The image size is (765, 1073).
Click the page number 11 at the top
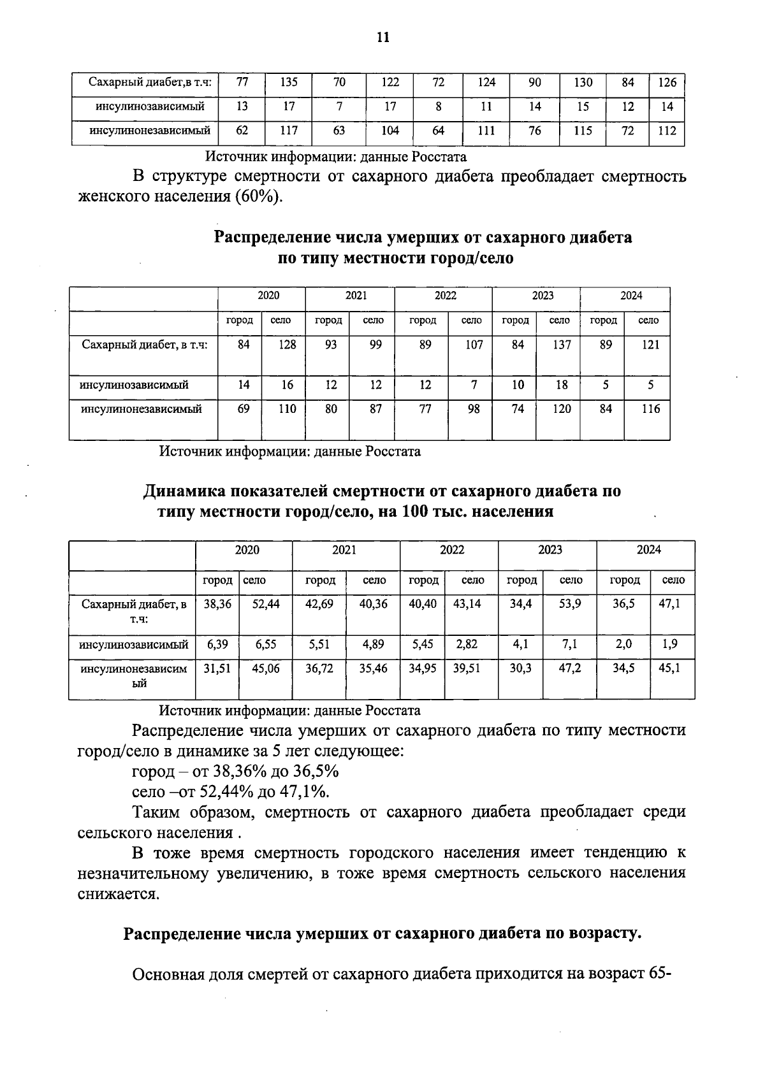pyautogui.click(x=382, y=37)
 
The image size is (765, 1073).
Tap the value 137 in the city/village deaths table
pyautogui.click(x=561, y=345)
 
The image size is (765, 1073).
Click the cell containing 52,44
pyautogui.click(x=265, y=603)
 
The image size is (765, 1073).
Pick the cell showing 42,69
pyautogui.click(x=319, y=603)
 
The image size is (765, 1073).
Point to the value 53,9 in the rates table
pyautogui.click(x=570, y=603)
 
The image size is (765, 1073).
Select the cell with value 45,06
pyautogui.click(x=265, y=669)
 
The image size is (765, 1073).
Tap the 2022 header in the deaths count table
pyautogui.click(x=445, y=296)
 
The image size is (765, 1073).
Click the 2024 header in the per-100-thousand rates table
pyautogui.click(x=648, y=550)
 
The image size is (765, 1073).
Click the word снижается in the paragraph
pyautogui.click(x=117, y=894)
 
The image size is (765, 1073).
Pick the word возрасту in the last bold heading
pyautogui.click(x=602, y=934)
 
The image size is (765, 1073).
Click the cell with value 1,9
pyautogui.click(x=669, y=644)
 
